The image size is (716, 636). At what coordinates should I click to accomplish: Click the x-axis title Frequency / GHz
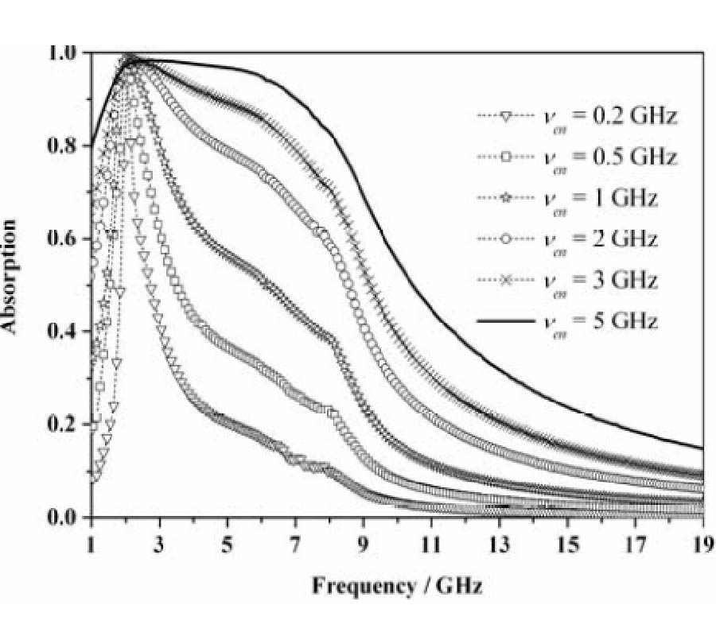[x=397, y=587]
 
